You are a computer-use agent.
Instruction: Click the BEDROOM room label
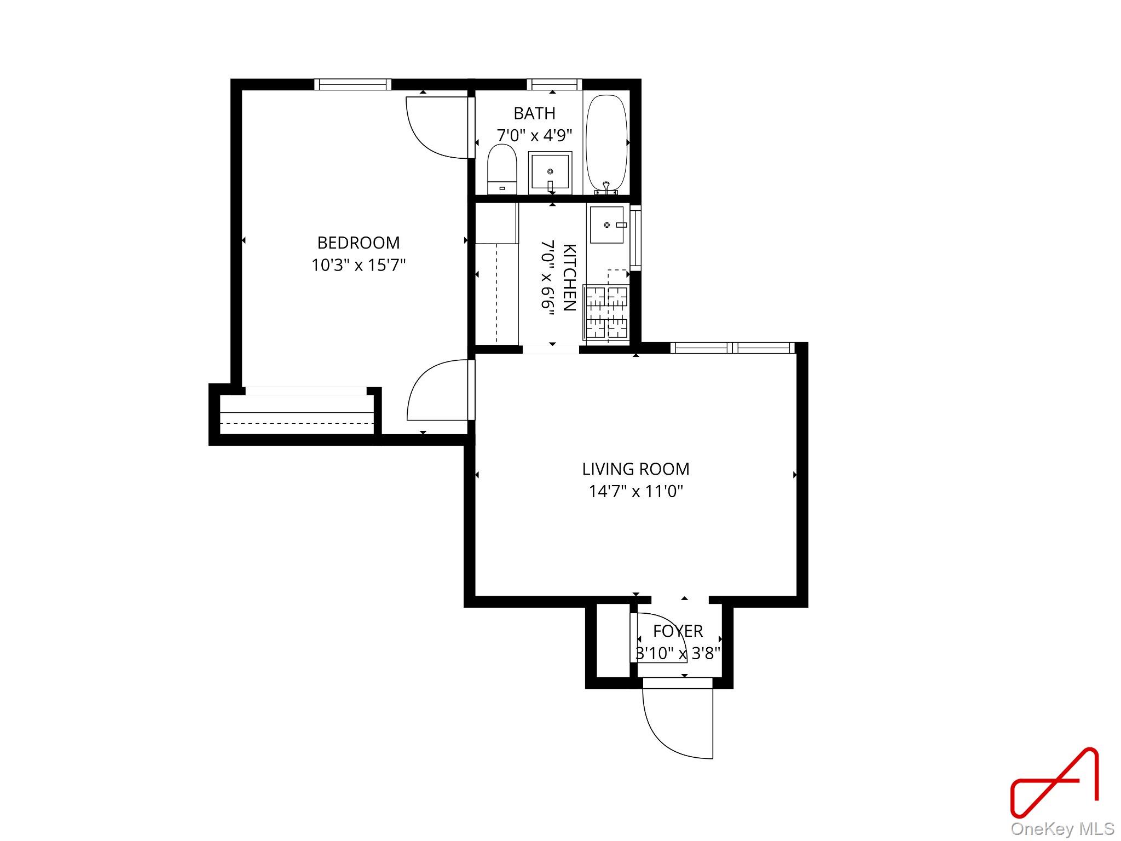(x=359, y=242)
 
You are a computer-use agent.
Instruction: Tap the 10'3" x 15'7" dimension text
(x=359, y=266)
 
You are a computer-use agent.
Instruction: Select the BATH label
(x=534, y=113)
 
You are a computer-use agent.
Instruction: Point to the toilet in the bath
(x=502, y=168)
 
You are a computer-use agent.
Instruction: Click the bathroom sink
(x=550, y=172)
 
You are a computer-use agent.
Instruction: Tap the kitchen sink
(x=606, y=224)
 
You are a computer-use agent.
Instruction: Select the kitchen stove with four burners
(x=606, y=312)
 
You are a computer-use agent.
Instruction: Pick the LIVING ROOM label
(x=635, y=469)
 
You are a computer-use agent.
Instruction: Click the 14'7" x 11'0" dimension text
(x=635, y=491)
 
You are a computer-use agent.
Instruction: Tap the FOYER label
(x=678, y=631)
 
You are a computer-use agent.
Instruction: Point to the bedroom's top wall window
(x=353, y=84)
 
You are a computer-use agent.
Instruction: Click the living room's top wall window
(x=732, y=348)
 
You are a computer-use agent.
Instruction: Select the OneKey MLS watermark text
(x=1062, y=828)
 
